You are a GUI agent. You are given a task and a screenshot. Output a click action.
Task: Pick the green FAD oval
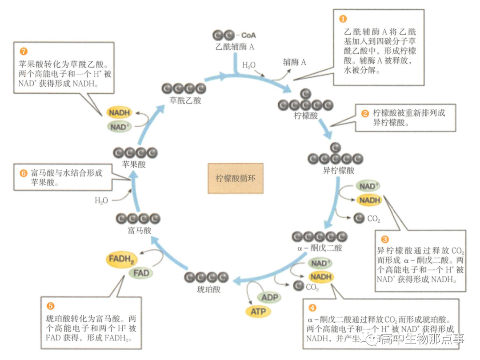pos(141,272)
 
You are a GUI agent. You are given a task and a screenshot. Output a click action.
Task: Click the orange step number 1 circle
pos(342,19)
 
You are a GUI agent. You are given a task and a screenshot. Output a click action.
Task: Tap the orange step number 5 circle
pos(50,306)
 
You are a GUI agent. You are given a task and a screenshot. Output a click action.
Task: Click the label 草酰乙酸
pos(185,100)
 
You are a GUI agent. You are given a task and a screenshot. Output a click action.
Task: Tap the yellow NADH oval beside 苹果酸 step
pos(118,113)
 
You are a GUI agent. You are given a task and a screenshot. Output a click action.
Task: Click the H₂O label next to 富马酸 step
pos(101,200)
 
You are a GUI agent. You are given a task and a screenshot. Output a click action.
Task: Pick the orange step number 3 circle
pos(385,239)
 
